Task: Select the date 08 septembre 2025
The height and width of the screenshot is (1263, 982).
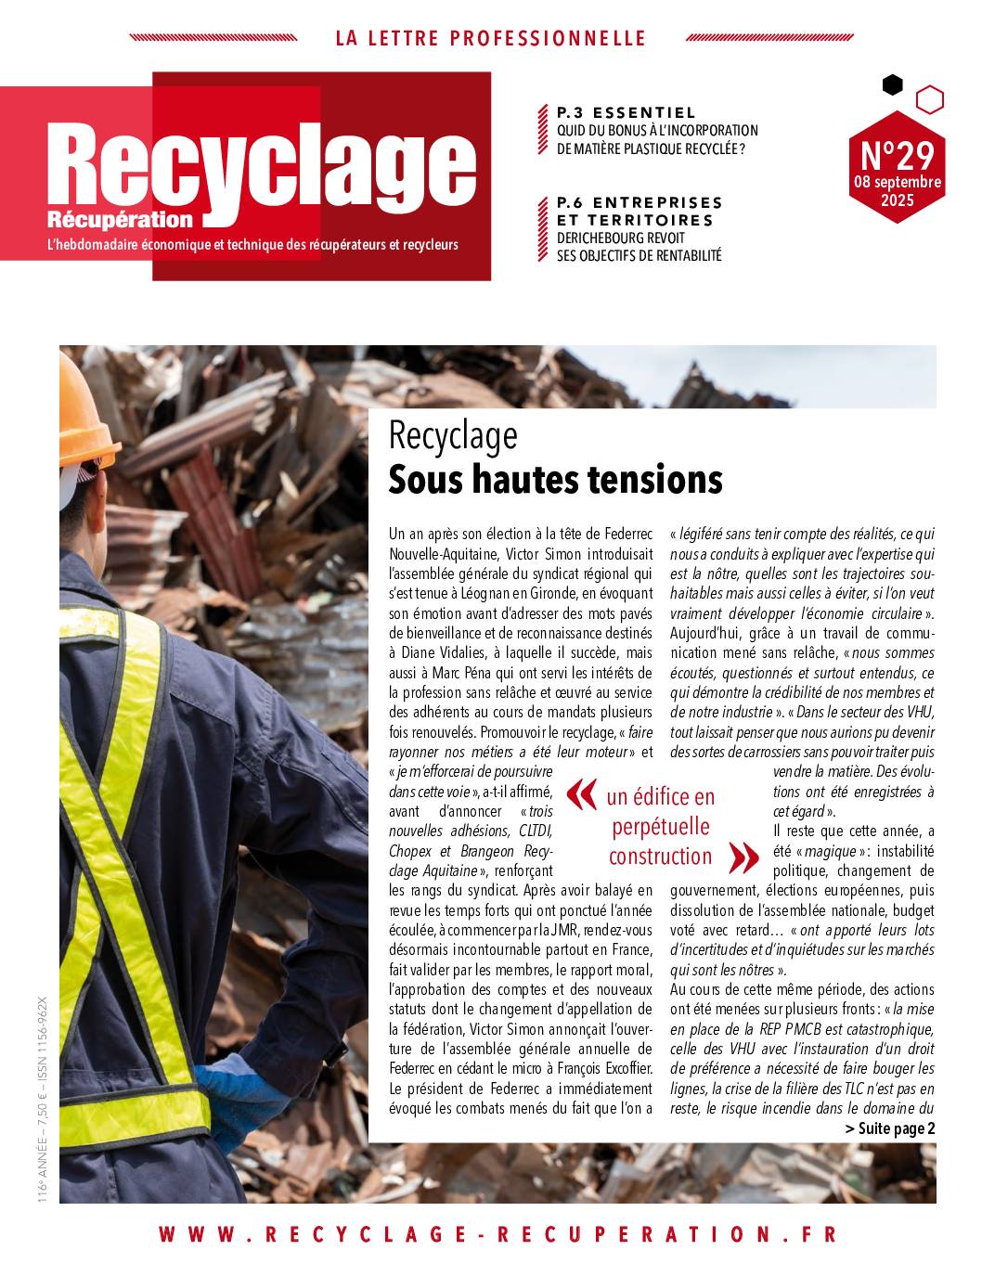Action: (x=897, y=191)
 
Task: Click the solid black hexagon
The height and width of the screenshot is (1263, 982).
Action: (x=892, y=85)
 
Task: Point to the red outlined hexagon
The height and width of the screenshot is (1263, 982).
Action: (x=929, y=98)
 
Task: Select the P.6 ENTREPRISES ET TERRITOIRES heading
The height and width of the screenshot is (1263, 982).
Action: (x=639, y=211)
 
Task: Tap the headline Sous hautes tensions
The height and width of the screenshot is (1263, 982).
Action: (x=555, y=480)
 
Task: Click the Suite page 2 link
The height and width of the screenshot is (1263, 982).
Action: (x=890, y=1128)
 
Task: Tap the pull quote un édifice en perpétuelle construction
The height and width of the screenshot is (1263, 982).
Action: (x=661, y=826)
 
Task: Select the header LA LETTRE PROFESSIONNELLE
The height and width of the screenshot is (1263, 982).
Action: (x=490, y=39)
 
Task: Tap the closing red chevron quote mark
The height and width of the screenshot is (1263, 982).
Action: (x=743, y=857)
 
